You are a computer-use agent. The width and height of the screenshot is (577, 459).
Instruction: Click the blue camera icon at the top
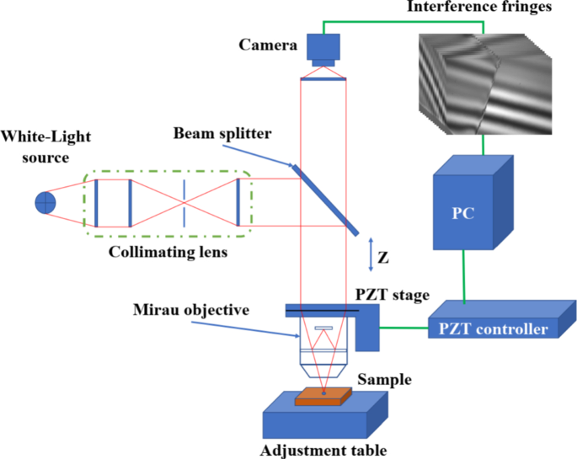tap(323, 48)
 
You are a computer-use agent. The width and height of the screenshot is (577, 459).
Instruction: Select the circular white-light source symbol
tap(45, 202)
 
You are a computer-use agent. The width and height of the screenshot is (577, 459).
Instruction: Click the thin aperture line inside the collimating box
tap(184, 203)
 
